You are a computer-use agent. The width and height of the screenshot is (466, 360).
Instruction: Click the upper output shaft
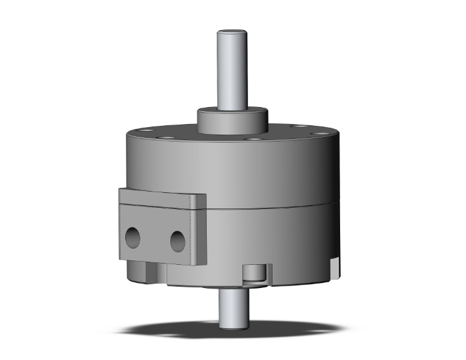(x=234, y=69)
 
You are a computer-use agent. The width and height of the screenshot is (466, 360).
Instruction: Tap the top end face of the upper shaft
(x=234, y=32)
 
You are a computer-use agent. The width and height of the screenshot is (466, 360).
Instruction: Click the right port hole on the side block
(x=178, y=240)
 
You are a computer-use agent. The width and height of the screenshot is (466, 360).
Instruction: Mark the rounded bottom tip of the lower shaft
(x=233, y=323)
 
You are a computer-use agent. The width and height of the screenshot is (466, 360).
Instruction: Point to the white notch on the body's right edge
(x=338, y=266)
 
